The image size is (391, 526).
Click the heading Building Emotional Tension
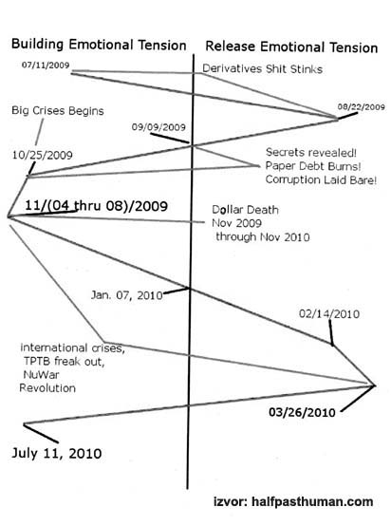click(99, 45)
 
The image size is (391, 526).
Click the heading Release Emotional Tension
click(291, 47)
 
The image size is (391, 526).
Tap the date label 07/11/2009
click(46, 66)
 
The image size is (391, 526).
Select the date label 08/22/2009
click(362, 107)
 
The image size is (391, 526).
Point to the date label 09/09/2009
click(158, 127)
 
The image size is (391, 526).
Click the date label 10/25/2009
click(43, 155)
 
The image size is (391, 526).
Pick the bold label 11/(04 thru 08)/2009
click(96, 206)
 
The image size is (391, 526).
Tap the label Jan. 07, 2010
click(127, 295)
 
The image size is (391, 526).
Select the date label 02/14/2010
click(329, 314)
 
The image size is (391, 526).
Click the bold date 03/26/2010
click(302, 412)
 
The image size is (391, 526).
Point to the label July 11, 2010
click(57, 453)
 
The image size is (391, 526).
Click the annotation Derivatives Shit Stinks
click(262, 68)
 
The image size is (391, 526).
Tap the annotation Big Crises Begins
click(58, 111)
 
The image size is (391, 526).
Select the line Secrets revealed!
click(311, 152)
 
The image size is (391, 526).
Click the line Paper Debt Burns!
click(313, 166)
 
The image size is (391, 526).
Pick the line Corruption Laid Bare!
click(321, 179)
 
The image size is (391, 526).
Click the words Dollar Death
click(245, 210)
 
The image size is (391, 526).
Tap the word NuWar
click(41, 374)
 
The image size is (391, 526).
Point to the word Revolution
click(47, 388)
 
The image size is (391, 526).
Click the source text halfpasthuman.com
click(312, 502)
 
